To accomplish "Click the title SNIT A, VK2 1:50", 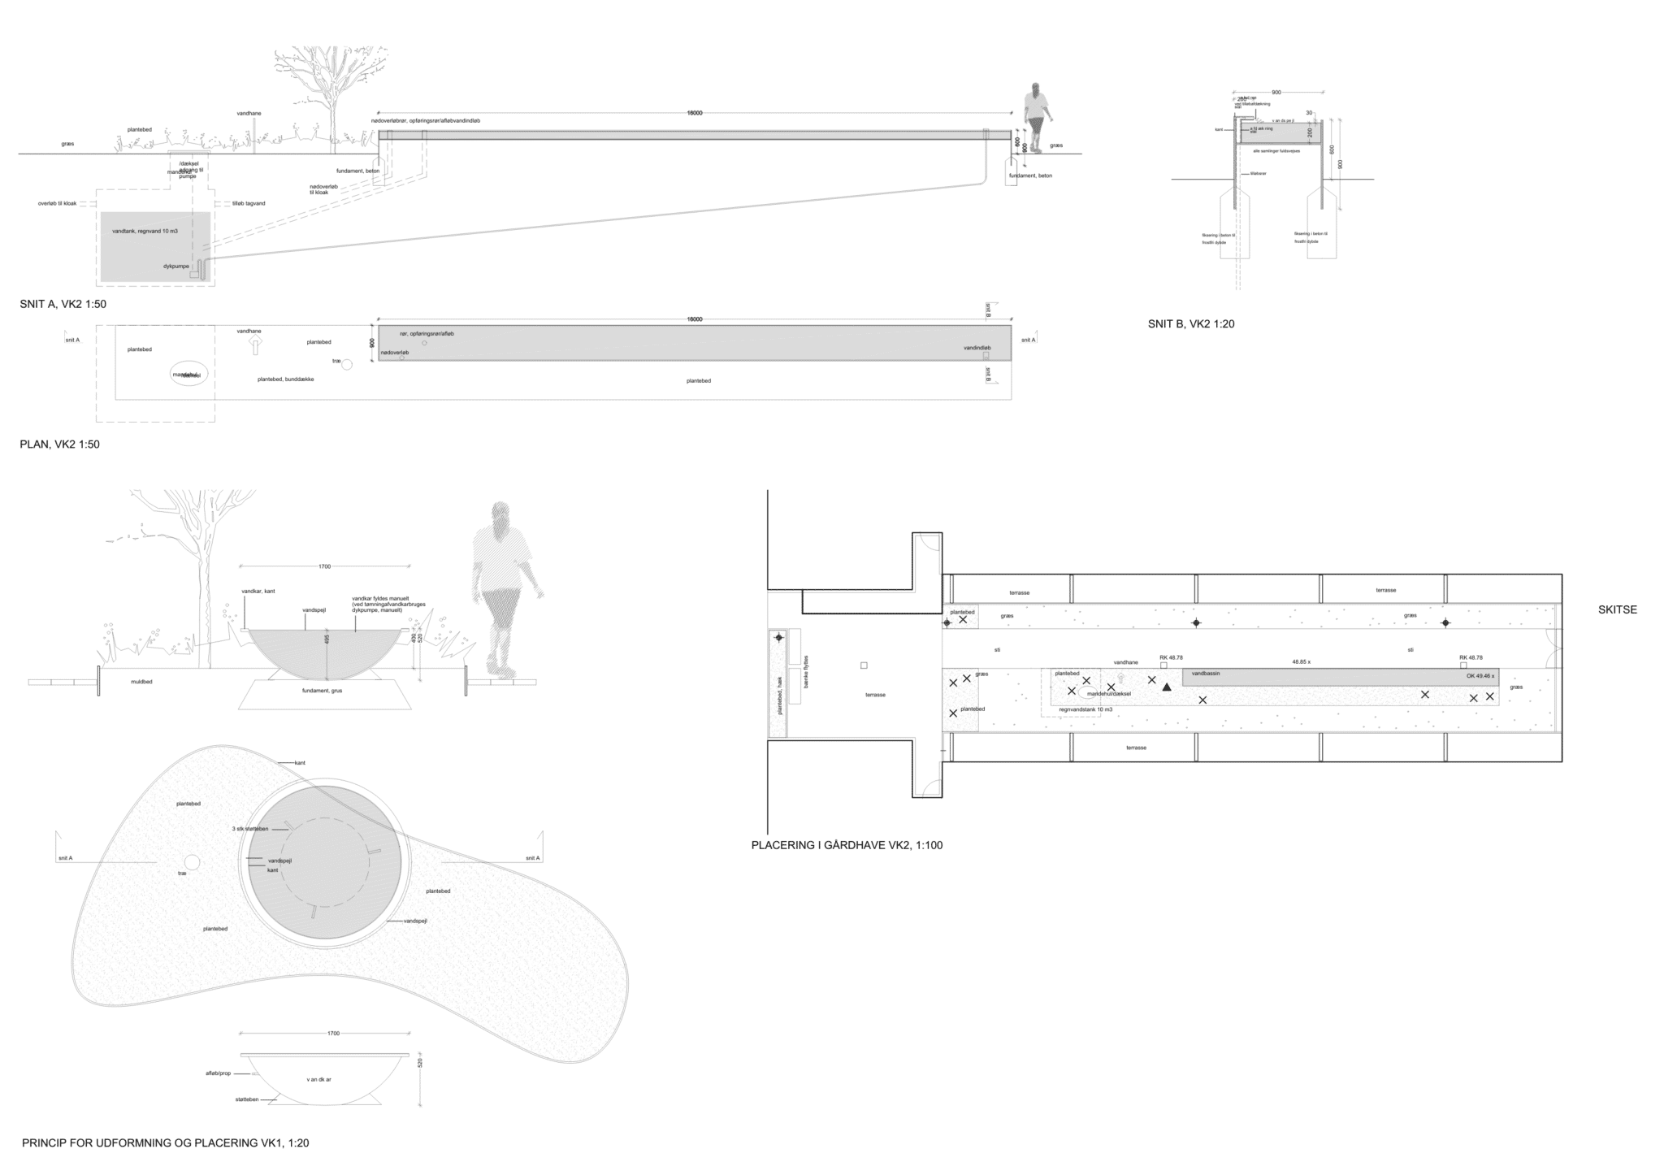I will (63, 305).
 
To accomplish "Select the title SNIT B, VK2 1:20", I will (1191, 324).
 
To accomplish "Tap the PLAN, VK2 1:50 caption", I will (59, 445).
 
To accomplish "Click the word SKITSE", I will (1617, 609).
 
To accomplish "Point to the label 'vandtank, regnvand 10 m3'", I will (145, 232).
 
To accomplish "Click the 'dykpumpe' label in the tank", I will (175, 266).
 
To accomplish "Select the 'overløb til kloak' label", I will (57, 203).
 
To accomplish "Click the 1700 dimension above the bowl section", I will (325, 566).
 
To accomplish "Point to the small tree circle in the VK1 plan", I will (192, 862).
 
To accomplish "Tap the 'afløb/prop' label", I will (218, 1073).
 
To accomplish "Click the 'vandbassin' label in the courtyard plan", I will (1206, 674).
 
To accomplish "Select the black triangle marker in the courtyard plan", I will (1167, 687).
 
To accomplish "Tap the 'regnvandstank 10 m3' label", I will (1085, 709).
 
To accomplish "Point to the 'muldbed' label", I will (141, 682).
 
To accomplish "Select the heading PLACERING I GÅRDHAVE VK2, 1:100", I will (847, 845).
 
